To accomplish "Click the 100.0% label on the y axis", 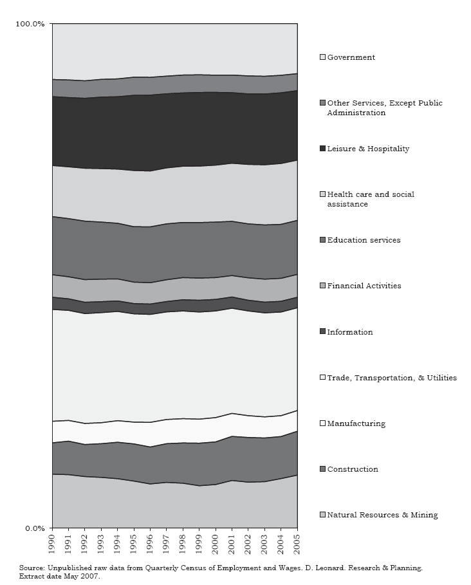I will [30, 24].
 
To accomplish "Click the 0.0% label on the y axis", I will [33, 528].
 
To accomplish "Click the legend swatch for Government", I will [323, 57].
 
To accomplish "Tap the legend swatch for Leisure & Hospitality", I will [323, 149].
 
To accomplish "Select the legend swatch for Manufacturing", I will [323, 423].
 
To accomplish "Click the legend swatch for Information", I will [323, 332].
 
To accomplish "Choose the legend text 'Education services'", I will [364, 240].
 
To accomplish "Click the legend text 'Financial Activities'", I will [364, 286].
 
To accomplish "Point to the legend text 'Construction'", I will [353, 469].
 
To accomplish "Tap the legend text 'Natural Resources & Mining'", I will [382, 515].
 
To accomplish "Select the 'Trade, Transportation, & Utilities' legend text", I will [392, 378].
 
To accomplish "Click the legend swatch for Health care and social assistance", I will [323, 194].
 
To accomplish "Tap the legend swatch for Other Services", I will [323, 103].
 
